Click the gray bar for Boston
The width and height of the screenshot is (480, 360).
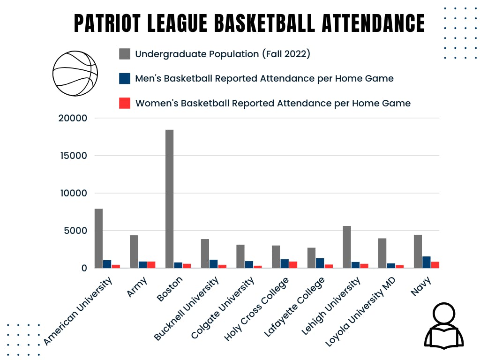pos(169,199)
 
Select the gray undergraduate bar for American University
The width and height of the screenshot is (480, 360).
pos(98,238)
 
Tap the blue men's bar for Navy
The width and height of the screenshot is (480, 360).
pos(426,262)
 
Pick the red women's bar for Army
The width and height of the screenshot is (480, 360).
pos(151,264)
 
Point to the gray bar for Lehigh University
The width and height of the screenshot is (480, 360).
pos(347,247)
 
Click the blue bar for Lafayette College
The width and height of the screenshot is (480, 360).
pos(320,263)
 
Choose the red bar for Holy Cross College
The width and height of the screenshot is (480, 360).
pos(293,264)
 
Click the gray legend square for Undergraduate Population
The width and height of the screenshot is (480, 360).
pos(125,54)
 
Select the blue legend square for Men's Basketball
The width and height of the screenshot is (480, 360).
pos(125,78)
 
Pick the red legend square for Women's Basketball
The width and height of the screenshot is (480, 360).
pos(125,103)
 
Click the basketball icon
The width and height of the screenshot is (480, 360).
pos(75,73)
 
